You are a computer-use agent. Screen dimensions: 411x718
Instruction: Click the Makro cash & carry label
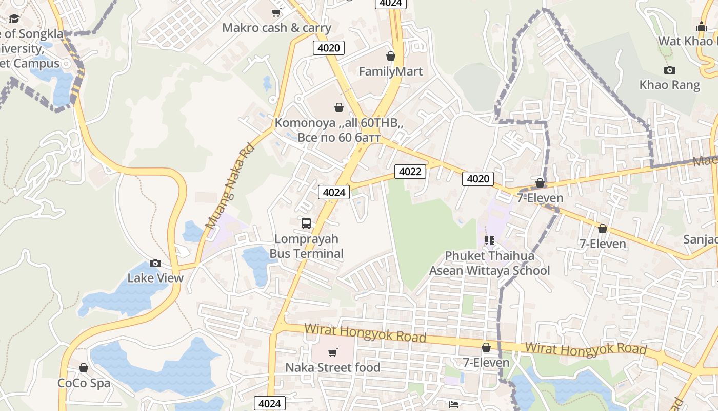[276, 28]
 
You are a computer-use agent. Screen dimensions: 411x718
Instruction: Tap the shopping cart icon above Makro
[276, 12]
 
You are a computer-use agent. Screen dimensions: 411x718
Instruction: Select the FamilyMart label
[391, 71]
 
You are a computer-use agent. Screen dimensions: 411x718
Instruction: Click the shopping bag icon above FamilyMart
[391, 55]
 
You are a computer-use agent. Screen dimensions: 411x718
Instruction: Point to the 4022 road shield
[410, 171]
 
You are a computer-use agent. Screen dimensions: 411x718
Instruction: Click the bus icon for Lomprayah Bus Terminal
[306, 223]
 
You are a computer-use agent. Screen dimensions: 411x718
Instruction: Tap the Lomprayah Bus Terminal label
[307, 246]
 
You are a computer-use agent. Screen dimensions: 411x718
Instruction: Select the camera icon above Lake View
[155, 263]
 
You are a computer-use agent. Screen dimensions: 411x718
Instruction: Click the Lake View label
[155, 278]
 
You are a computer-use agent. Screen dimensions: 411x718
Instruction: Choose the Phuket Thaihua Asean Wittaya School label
[489, 263]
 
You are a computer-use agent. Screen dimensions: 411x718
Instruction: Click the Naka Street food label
[333, 367]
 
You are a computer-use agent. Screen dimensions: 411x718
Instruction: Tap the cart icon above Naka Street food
[333, 352]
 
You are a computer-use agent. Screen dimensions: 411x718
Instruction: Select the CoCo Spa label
[84, 383]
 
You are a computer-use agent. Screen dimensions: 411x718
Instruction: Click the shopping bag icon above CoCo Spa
[84, 368]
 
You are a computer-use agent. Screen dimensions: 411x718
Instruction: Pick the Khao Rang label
[669, 85]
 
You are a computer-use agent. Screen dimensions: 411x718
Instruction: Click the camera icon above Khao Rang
[669, 70]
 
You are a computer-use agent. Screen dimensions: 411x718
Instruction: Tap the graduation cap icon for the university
[14, 19]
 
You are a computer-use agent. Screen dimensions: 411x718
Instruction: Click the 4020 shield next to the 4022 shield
[478, 178]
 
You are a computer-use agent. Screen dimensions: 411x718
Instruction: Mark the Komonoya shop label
[339, 130]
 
